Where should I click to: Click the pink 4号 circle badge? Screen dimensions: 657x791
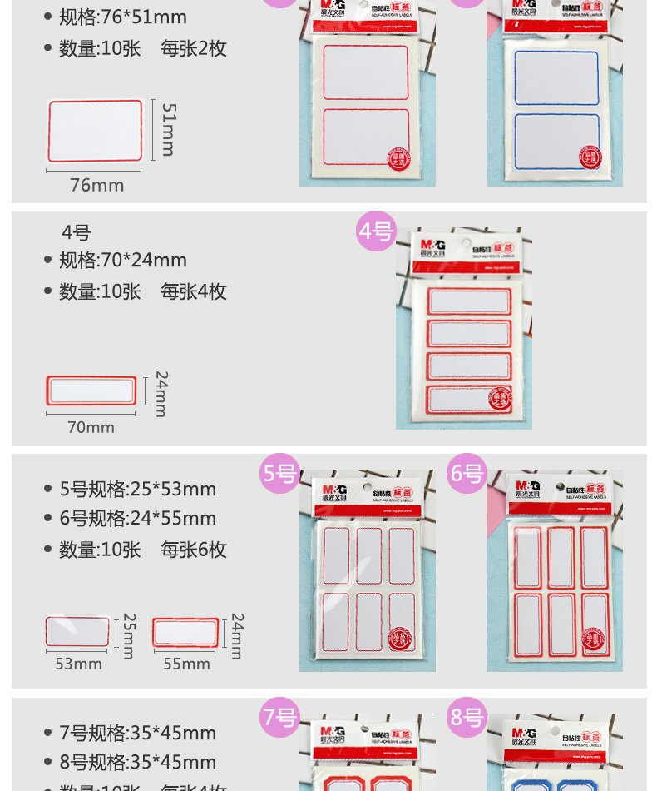376,231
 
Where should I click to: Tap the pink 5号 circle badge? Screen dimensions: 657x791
280,474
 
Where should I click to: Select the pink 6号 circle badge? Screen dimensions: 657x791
467,474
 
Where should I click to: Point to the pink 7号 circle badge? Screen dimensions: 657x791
280,717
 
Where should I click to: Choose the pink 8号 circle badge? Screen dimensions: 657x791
467,717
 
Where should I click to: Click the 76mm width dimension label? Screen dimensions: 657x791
96,185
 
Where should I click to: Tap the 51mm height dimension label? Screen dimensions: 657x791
168,129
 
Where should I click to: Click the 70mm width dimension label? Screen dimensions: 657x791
91,427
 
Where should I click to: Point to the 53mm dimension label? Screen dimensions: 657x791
78,664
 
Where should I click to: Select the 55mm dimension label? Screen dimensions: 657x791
186,664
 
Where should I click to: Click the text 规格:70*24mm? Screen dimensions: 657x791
123,260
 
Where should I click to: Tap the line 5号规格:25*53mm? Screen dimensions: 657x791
137,489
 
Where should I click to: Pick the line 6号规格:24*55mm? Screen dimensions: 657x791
137,519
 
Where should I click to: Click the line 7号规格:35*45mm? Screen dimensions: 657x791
137,733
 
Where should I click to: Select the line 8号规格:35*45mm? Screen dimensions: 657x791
137,762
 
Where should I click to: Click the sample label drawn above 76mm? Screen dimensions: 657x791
96,131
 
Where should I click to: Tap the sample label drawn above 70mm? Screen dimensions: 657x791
90,390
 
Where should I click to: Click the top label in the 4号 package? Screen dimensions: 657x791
468,301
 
